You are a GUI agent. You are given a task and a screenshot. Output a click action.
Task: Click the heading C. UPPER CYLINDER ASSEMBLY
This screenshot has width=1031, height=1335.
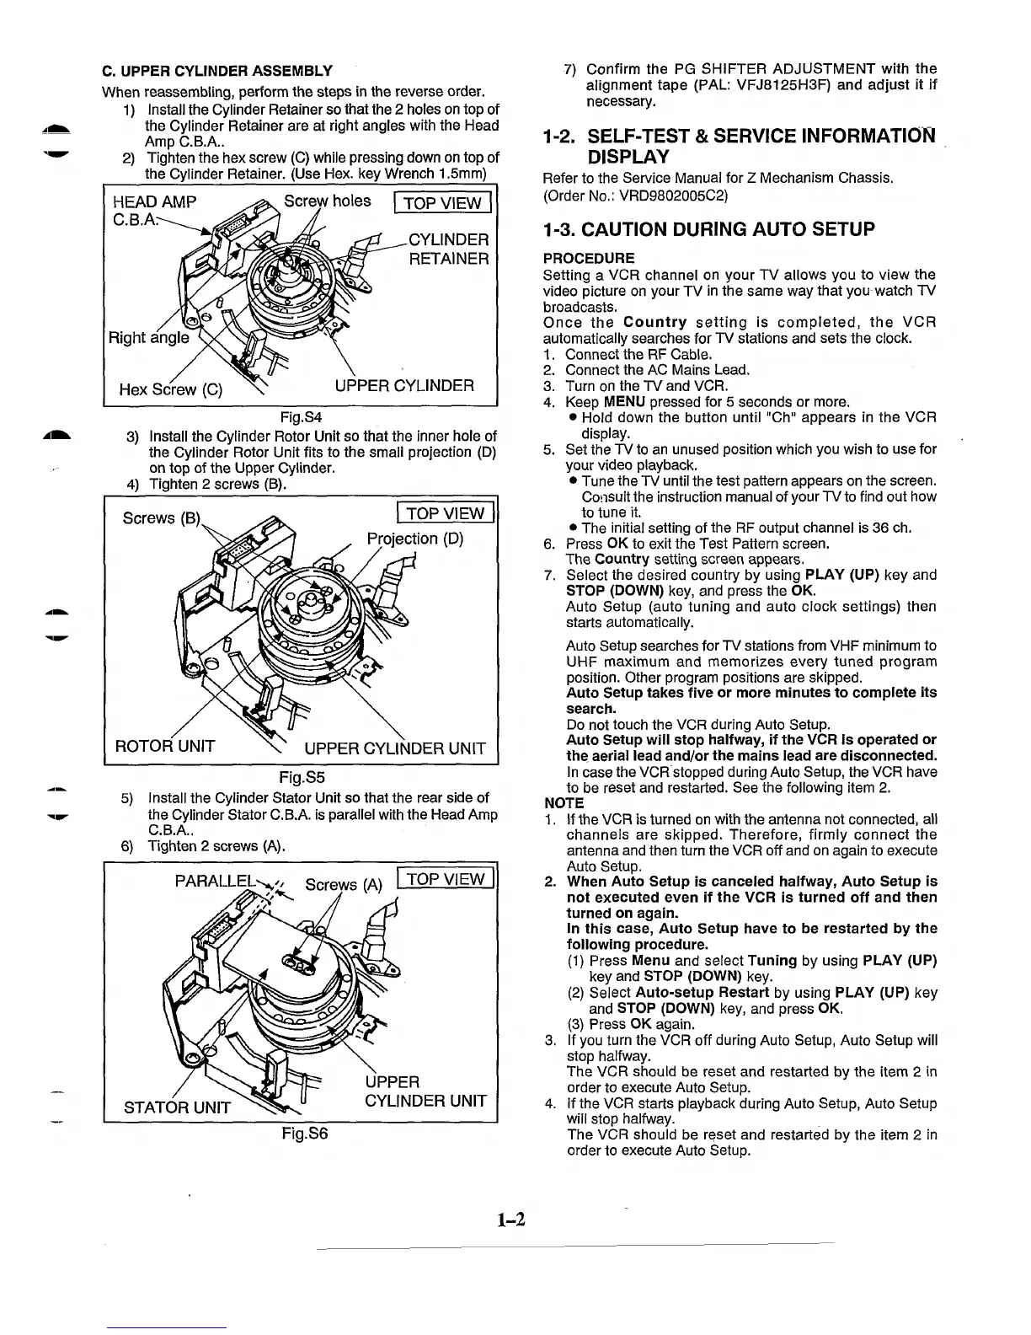coord(216,70)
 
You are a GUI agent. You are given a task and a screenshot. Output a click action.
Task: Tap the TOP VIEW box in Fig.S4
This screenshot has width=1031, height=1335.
coord(442,203)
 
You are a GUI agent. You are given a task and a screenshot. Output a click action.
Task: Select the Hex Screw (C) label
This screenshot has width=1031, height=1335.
coord(171,389)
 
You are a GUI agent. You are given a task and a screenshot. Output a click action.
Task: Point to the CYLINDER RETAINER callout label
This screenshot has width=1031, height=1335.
coord(448,249)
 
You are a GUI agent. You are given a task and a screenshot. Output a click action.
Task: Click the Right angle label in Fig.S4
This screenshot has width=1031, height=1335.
coord(149,338)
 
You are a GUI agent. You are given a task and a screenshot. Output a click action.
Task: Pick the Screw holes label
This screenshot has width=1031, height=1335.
coord(328,201)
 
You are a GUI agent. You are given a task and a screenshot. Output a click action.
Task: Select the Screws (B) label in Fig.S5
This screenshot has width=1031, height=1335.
coord(161,517)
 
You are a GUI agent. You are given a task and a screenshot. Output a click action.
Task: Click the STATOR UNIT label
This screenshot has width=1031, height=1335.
coord(177,1106)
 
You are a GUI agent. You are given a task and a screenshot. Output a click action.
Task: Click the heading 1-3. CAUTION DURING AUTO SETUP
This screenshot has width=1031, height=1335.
coord(709,229)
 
